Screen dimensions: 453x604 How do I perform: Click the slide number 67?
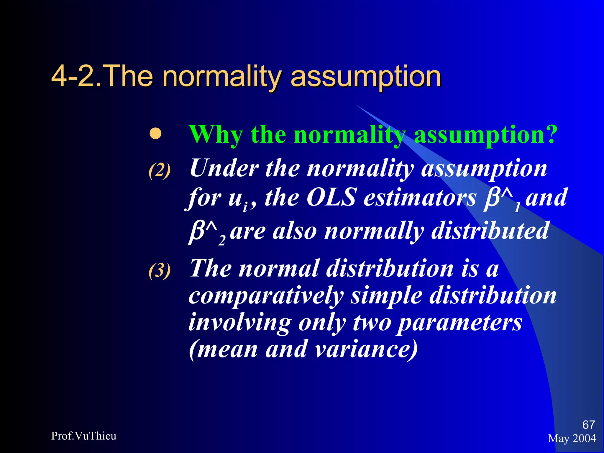[x=589, y=425]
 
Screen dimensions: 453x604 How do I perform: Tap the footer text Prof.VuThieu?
[x=84, y=436]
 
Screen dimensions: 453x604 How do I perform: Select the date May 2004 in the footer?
[x=572, y=439]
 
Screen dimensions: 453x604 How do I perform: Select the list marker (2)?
[x=160, y=170]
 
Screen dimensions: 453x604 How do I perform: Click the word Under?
[x=224, y=168]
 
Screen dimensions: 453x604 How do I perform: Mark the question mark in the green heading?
[x=551, y=134]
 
